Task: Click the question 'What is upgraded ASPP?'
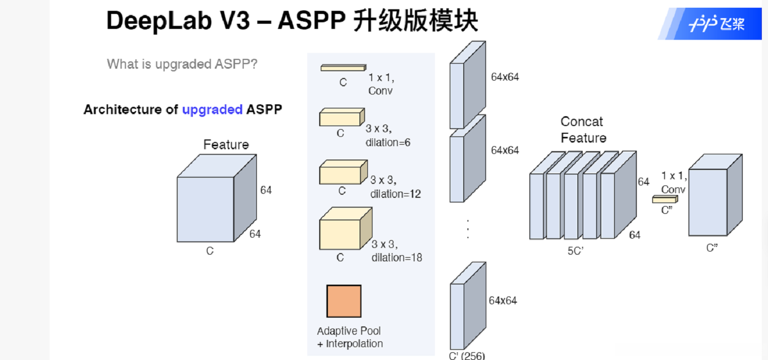pos(182,64)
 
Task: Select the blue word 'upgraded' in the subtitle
pos(212,109)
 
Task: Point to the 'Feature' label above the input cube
pos(226,145)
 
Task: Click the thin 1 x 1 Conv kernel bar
pos(342,68)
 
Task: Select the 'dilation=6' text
pos(388,143)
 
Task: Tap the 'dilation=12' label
pos(395,194)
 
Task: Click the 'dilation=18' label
pos(396,257)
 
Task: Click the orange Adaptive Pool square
pos(343,301)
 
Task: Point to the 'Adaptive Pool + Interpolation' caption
pos(350,337)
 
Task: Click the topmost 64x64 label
pos(505,77)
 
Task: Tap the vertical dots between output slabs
pos(467,228)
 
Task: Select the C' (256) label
pos(467,355)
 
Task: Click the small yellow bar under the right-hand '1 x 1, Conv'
pos(664,199)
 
